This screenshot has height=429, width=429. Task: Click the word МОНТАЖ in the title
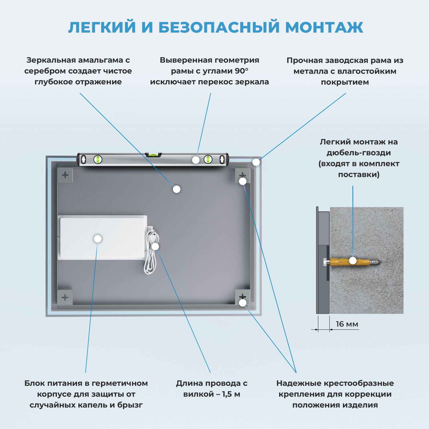coord(324,27)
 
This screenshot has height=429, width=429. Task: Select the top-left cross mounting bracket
coord(65,175)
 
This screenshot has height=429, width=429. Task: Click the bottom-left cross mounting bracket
coord(65,297)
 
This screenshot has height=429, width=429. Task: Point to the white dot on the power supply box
coord(98,239)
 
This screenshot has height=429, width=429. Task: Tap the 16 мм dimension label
coord(347,324)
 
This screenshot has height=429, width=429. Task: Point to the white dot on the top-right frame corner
coord(256,162)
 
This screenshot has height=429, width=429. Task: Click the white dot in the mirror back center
coord(177,189)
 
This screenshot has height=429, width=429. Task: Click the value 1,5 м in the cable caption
coord(231,394)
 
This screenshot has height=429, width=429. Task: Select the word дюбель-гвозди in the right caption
coord(359,153)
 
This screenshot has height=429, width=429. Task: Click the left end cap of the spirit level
coord(79,159)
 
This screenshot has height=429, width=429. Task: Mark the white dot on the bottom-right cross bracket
coord(243,303)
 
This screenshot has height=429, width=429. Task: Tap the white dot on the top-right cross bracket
coord(243,181)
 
